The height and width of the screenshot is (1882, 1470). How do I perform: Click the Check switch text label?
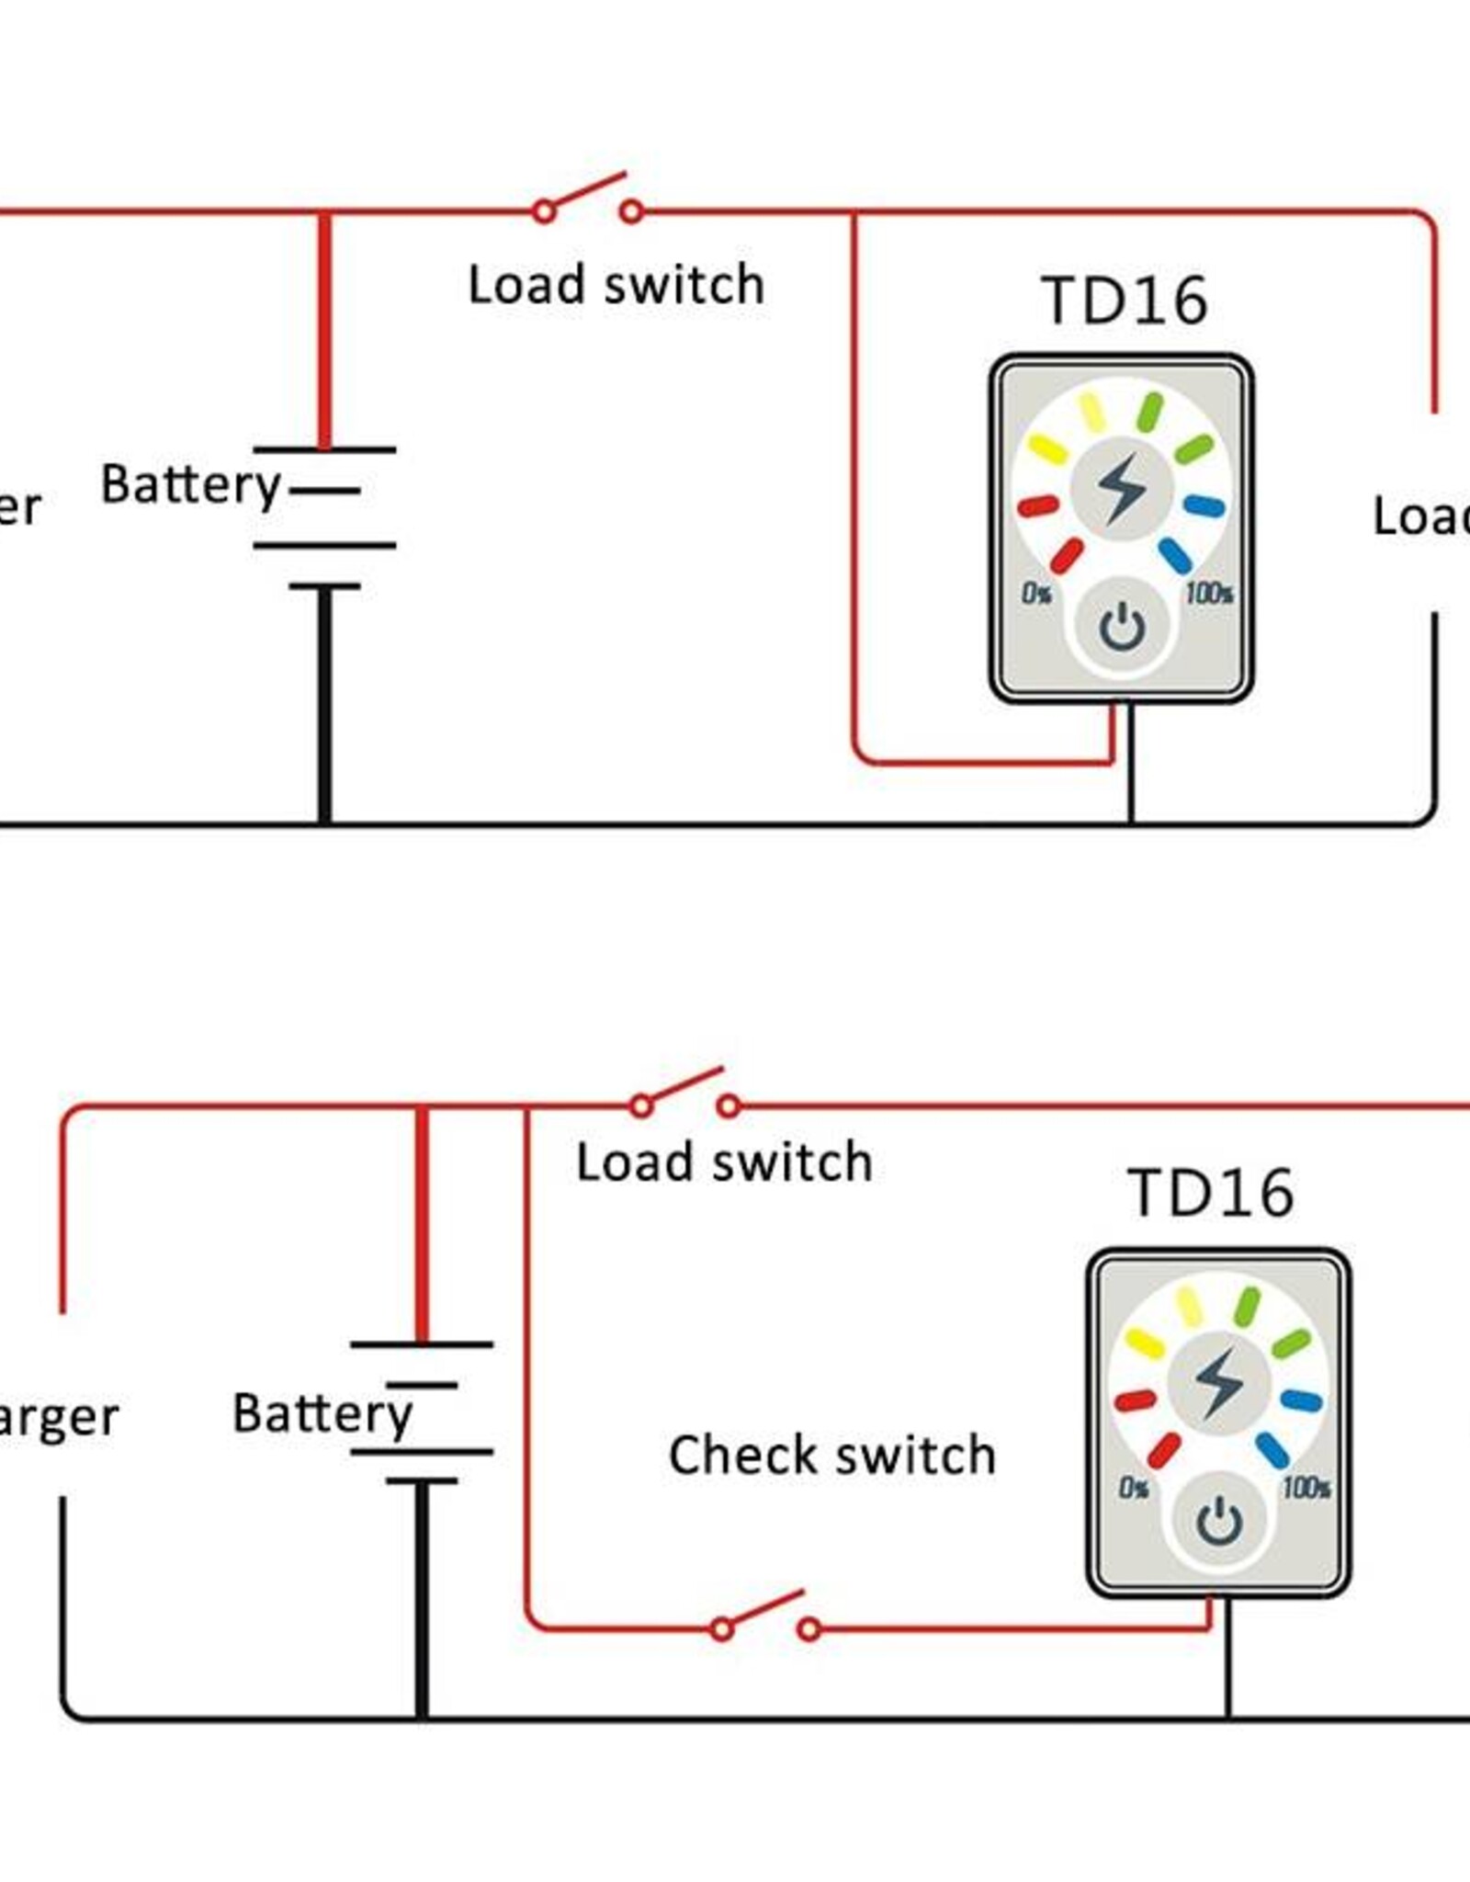[x=832, y=1456]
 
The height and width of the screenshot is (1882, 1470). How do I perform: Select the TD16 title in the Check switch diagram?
[x=1211, y=1194]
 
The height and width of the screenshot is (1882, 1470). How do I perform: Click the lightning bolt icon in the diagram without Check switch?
[x=1122, y=487]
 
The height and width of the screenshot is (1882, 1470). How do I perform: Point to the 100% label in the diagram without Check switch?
[x=1209, y=594]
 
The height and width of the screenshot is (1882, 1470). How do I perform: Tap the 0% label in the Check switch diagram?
[x=1134, y=1488]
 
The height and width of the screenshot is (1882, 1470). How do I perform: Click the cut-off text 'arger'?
[x=57, y=1419]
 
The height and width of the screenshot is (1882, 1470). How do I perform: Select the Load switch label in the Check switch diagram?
[x=724, y=1163]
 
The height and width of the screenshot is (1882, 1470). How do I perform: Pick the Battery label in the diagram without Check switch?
[x=190, y=484]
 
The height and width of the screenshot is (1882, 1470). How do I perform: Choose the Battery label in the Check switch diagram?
[x=322, y=1413]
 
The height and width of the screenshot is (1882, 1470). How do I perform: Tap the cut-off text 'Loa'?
[x=1420, y=516]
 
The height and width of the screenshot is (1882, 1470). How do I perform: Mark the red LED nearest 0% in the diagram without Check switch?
[x=1066, y=555]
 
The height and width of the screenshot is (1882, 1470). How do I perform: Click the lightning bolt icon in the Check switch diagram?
[x=1218, y=1382]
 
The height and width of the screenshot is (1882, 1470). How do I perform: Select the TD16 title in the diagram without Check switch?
[x=1125, y=300]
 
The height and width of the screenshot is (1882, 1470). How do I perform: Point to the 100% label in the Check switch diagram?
[x=1306, y=1488]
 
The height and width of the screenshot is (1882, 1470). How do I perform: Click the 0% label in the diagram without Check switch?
[x=1037, y=594]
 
